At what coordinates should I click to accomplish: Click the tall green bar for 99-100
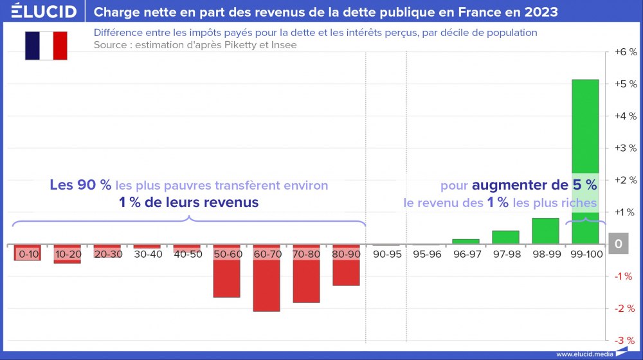585,129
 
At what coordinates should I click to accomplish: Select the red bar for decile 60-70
266,286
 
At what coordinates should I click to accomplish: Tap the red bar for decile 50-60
226,278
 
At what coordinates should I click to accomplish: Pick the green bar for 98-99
545,231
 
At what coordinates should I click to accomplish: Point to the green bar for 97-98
505,237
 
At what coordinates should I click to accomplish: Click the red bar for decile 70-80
306,282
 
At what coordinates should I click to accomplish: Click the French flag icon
46,46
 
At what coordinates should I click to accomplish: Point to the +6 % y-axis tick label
625,52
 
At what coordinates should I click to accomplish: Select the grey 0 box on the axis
619,244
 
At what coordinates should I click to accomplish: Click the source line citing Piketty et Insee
195,45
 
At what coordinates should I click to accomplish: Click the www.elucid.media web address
583,354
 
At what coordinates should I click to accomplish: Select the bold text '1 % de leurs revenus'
188,202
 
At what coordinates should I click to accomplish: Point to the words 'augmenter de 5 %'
534,186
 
